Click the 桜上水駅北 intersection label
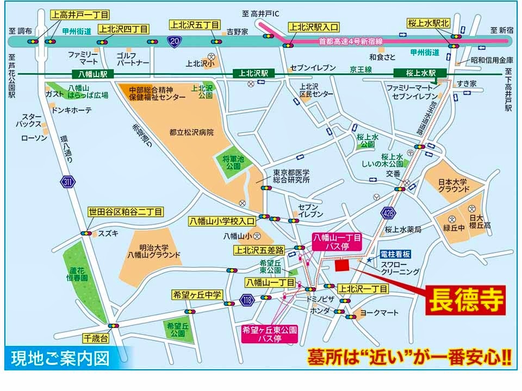pos(429,23)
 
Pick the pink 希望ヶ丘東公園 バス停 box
pos(270,333)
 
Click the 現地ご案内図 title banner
pos(60,358)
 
